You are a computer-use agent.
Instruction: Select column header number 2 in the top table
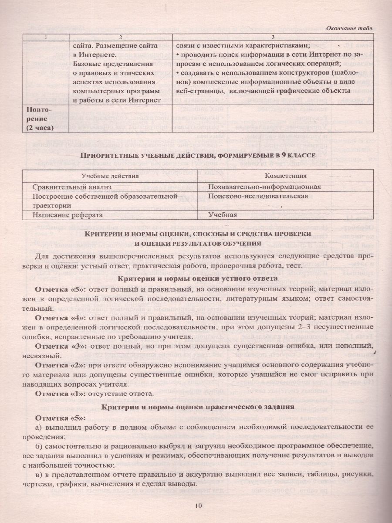tap(121, 37)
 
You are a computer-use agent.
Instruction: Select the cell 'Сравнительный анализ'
tap(66, 187)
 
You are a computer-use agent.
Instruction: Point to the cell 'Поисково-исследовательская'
tap(258, 196)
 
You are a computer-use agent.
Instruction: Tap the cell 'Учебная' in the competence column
tap(222, 214)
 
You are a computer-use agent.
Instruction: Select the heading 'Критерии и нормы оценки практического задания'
tap(196, 406)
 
